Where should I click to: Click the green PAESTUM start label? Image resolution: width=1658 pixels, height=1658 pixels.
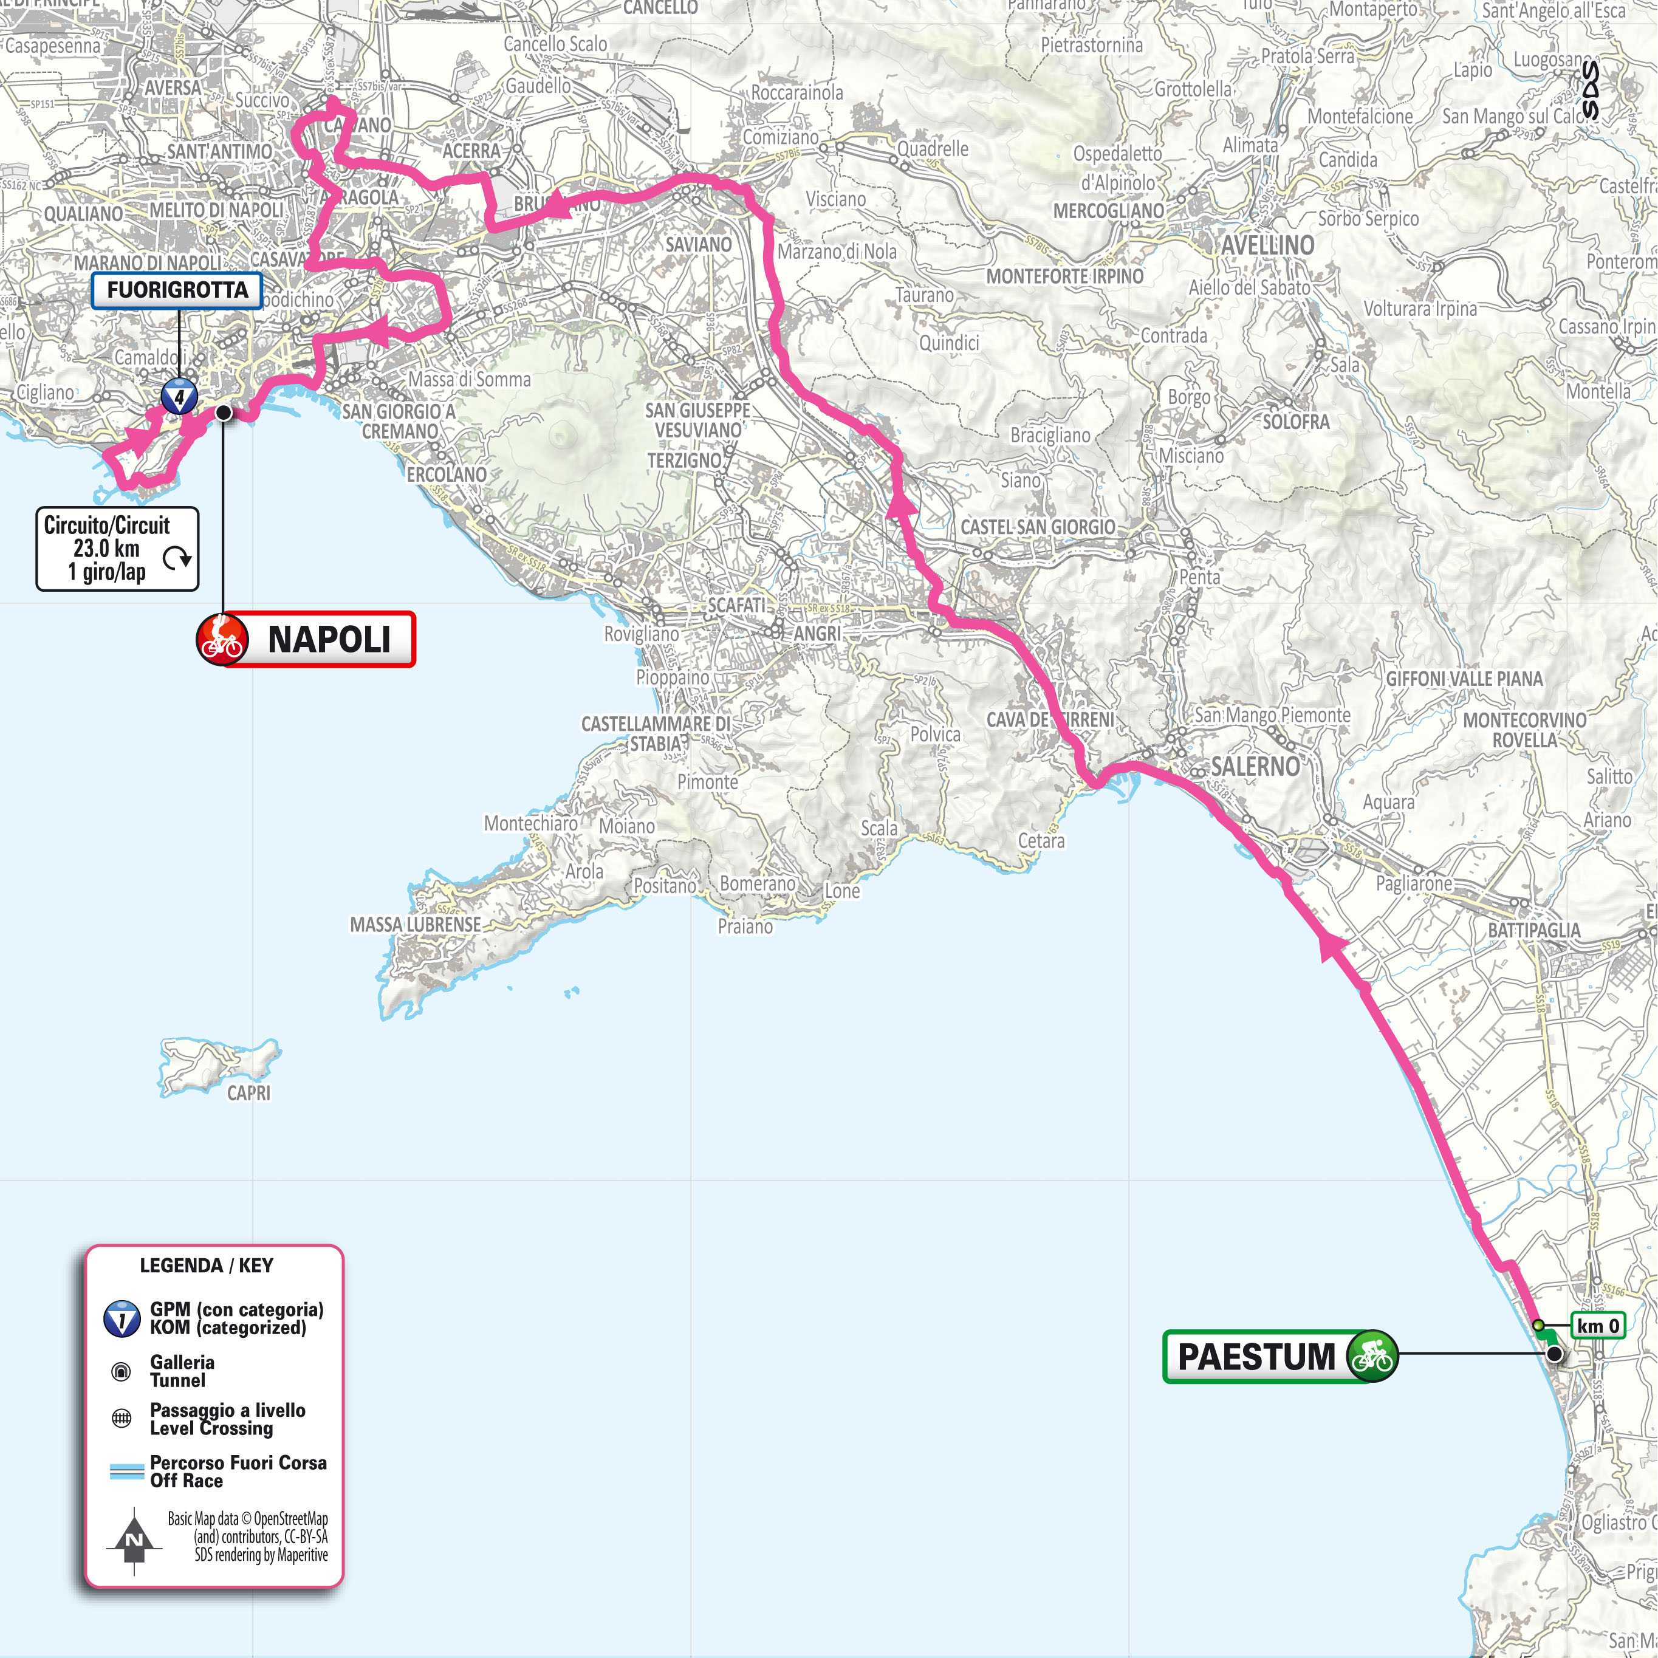tap(1257, 1357)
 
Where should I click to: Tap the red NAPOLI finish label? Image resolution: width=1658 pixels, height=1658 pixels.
tap(328, 639)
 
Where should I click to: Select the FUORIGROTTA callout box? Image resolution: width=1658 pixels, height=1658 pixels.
tap(177, 290)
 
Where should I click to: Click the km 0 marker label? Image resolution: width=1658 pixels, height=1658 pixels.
tap(1598, 1326)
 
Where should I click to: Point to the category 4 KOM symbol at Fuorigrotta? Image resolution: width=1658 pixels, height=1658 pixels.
tap(179, 397)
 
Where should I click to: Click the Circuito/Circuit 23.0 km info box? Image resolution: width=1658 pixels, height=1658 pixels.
tap(117, 549)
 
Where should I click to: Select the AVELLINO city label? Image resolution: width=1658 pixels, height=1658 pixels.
tap(1267, 245)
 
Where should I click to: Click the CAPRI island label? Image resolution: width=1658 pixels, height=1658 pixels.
tap(248, 1092)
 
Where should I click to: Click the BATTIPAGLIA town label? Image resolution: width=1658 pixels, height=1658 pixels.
tap(1533, 930)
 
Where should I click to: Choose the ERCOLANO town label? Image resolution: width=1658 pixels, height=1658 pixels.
tap(447, 474)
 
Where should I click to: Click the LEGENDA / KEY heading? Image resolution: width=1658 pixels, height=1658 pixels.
tap(206, 1265)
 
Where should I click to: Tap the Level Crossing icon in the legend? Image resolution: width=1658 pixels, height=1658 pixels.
tap(122, 1419)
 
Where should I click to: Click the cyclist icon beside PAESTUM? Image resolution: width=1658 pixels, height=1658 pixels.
tap(1371, 1357)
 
